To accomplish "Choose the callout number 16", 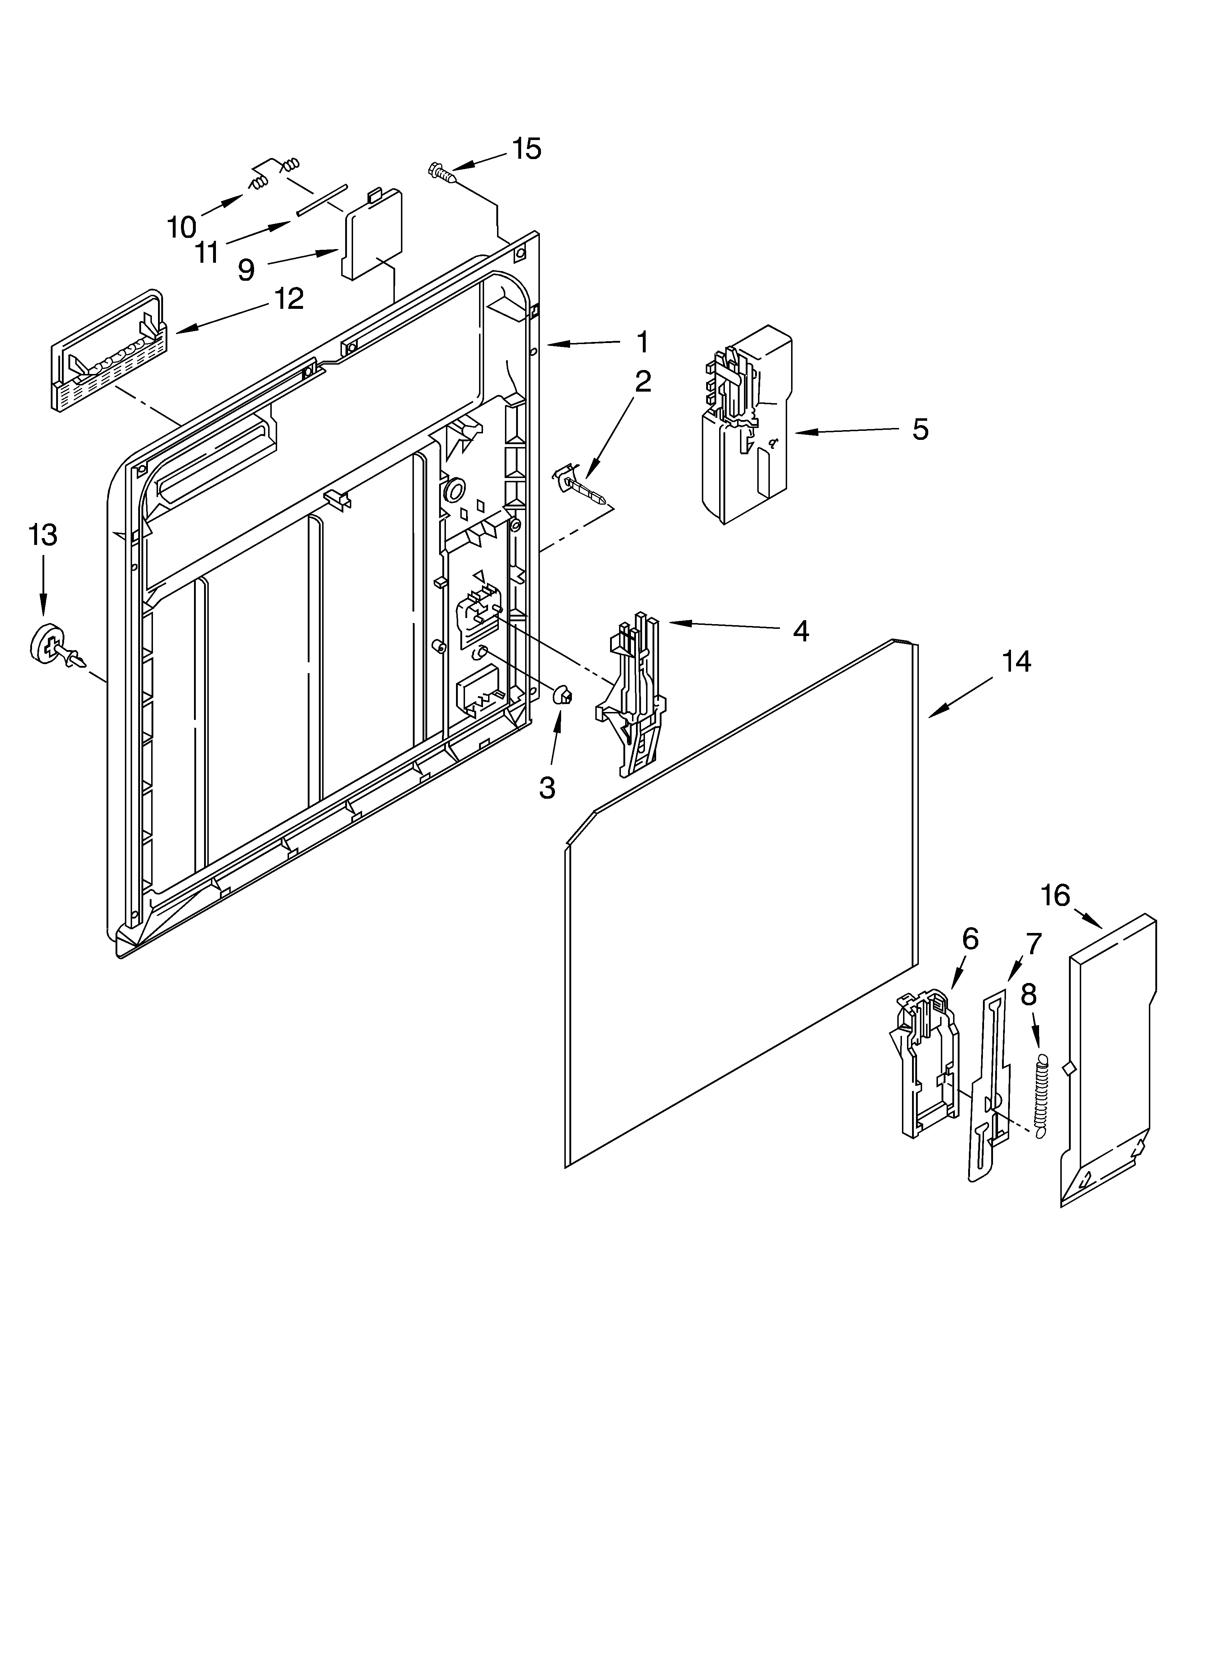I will point(1055,896).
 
